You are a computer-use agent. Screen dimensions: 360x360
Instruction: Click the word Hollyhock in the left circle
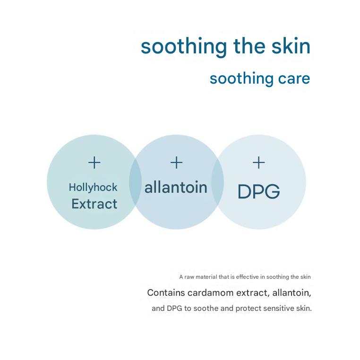tap(93, 188)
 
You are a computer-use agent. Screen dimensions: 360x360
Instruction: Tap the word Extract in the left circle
tap(94, 204)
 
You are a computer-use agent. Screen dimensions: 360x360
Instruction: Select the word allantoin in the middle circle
tap(176, 188)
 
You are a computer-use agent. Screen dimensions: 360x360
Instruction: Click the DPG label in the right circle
tap(259, 191)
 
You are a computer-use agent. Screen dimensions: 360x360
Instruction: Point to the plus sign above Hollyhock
tap(94, 163)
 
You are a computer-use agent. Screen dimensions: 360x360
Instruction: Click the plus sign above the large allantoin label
tap(176, 163)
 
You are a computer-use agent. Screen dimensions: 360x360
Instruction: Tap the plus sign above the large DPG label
tap(258, 163)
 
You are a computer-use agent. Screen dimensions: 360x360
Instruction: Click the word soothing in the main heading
tap(184, 47)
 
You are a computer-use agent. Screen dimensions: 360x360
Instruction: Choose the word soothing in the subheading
tap(241, 79)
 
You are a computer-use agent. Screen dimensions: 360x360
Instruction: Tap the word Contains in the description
tap(166, 293)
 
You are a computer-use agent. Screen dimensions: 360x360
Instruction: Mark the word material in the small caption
tap(206, 277)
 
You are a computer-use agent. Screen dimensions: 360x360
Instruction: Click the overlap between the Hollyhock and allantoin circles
tap(135, 182)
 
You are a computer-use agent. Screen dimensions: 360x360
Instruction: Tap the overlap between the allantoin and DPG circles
tap(217, 182)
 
